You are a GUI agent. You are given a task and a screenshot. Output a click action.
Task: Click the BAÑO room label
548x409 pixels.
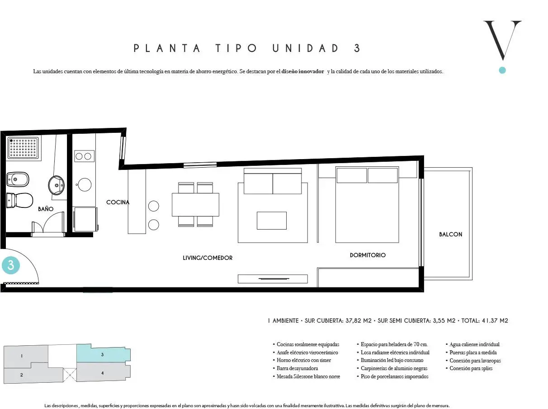(x=46, y=209)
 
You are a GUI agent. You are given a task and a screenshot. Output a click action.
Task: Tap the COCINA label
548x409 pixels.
(x=118, y=202)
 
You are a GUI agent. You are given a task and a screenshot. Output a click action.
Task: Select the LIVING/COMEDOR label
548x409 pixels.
(x=208, y=258)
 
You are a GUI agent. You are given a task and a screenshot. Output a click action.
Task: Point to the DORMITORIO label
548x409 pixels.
(x=368, y=255)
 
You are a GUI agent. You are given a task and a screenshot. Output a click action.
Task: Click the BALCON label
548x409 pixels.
(x=451, y=234)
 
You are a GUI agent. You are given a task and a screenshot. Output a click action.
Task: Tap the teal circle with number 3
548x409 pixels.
(x=11, y=265)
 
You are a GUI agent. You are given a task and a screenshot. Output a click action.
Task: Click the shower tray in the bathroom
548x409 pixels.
(x=23, y=148)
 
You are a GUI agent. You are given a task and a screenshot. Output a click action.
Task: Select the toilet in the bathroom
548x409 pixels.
(x=19, y=200)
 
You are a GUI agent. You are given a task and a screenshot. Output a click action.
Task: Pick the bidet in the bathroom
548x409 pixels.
(x=18, y=179)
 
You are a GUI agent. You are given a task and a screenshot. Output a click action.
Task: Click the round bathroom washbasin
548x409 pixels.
(x=56, y=185)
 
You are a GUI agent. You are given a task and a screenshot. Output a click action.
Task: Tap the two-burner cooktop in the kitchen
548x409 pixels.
(x=84, y=156)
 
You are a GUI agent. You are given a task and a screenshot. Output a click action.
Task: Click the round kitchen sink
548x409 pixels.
(x=85, y=185)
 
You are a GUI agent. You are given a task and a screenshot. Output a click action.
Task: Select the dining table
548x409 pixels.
(x=195, y=205)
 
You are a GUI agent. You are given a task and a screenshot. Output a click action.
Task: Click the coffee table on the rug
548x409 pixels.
(x=272, y=221)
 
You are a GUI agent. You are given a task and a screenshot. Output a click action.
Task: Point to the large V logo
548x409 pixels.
(x=502, y=40)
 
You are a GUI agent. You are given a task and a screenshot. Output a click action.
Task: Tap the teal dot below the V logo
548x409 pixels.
(x=502, y=71)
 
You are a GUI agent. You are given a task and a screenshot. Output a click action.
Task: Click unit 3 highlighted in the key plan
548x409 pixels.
(x=103, y=354)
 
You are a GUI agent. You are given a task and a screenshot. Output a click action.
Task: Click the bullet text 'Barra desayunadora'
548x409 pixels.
(x=297, y=368)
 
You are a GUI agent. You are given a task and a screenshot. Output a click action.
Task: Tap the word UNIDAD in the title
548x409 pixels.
(x=306, y=48)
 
